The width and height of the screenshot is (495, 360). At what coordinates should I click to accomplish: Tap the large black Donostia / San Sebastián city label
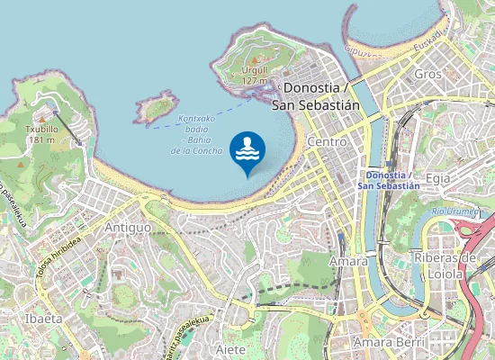point(321,96)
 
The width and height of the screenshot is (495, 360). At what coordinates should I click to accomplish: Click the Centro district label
point(327,142)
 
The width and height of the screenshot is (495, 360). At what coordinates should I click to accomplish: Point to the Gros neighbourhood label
point(428,74)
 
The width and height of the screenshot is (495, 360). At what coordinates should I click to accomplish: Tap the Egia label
point(438,178)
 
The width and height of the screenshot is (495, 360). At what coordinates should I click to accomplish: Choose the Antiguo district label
point(128,228)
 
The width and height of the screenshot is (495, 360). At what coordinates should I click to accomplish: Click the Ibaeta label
point(43,319)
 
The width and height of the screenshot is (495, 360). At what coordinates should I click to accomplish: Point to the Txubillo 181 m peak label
point(40,134)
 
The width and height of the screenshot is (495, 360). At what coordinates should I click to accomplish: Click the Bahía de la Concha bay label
point(196,134)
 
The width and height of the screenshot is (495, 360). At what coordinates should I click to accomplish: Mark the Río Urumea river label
point(454,211)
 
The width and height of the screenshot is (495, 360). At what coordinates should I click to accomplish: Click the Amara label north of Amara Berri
point(348,260)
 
